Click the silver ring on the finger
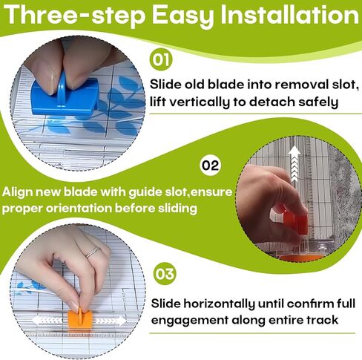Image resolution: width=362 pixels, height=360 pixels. (x=91, y=252)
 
